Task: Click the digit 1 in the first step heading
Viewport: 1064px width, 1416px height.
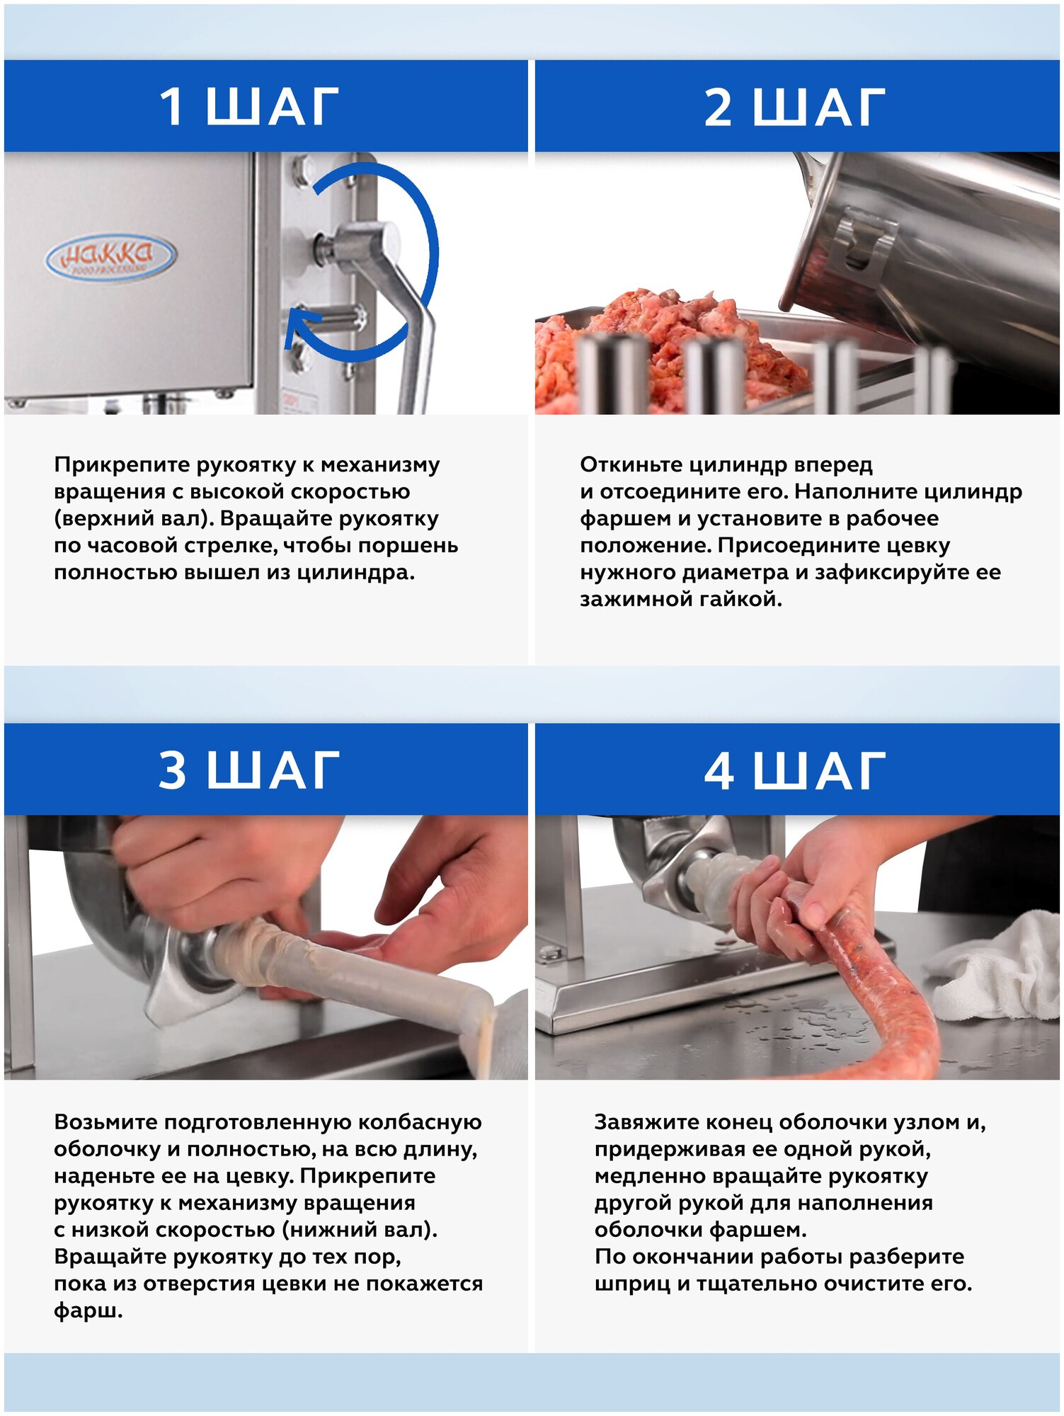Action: [172, 107]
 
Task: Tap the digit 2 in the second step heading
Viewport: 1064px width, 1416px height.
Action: [718, 107]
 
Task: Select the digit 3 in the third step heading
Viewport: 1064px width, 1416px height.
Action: [172, 770]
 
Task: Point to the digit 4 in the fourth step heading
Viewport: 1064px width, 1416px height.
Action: [719, 770]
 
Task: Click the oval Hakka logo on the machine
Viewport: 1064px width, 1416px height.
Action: [110, 256]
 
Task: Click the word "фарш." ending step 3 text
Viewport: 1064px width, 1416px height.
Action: [88, 1311]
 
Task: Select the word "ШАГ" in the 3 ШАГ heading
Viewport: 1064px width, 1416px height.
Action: [273, 770]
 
